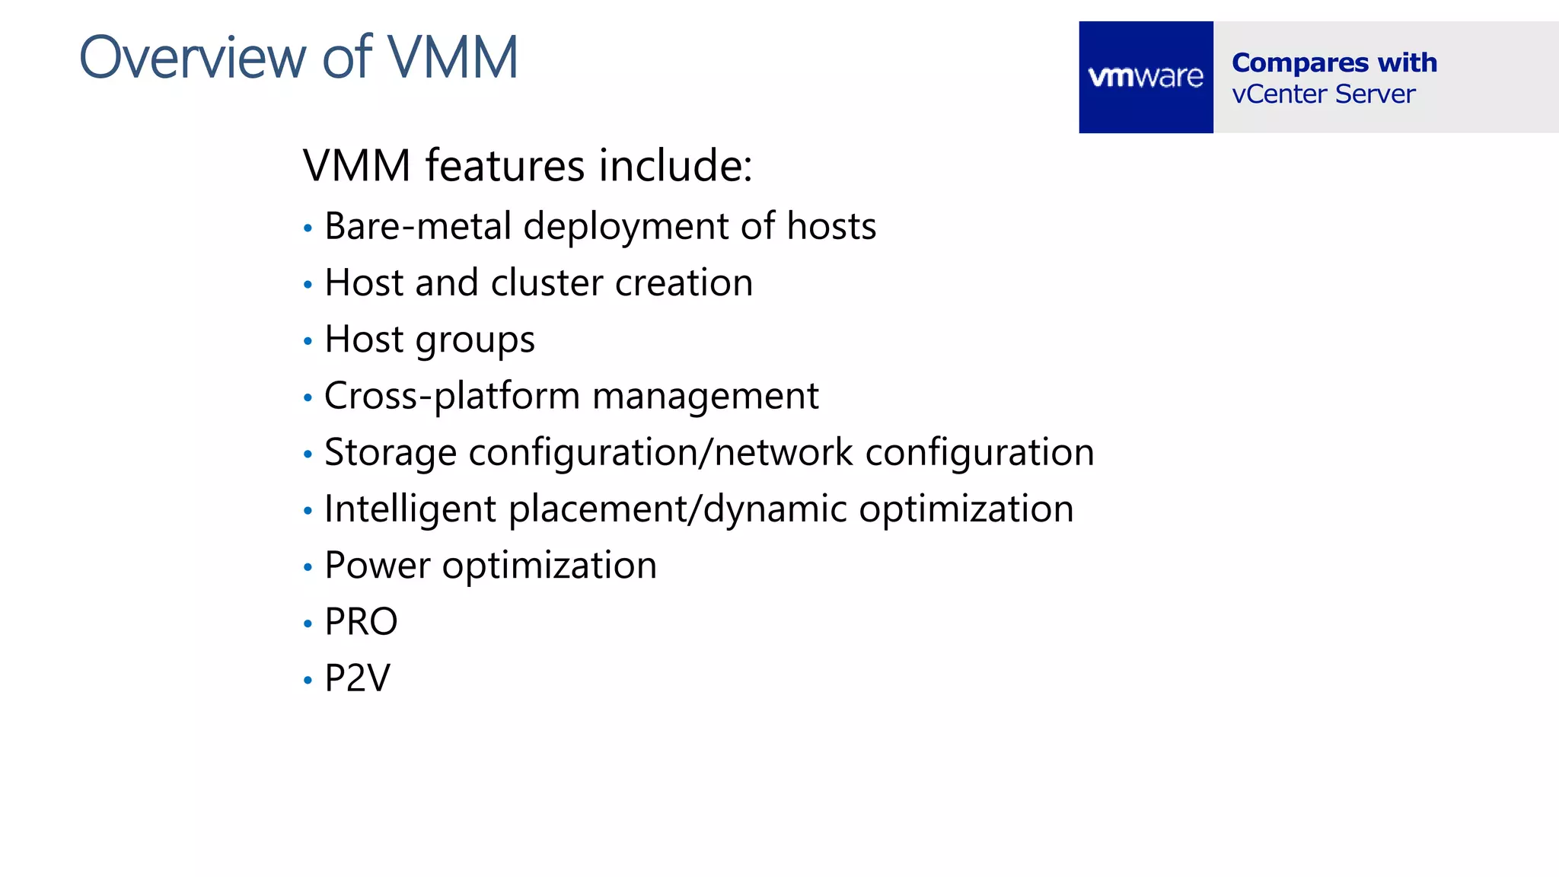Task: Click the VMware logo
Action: click(x=1146, y=77)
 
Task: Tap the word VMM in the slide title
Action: click(x=453, y=58)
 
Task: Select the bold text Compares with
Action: click(x=1334, y=62)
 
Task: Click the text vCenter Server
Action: click(x=1324, y=94)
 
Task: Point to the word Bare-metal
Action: click(x=418, y=226)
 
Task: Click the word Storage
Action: click(x=391, y=453)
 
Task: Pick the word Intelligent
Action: click(x=410, y=509)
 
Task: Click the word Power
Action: click(x=378, y=566)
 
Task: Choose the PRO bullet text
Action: click(x=361, y=622)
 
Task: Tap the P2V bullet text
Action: click(x=357, y=678)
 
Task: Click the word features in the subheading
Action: click(x=505, y=165)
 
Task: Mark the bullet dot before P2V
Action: click(x=308, y=680)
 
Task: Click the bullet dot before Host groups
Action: click(x=308, y=341)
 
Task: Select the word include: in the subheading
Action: click(x=675, y=165)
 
